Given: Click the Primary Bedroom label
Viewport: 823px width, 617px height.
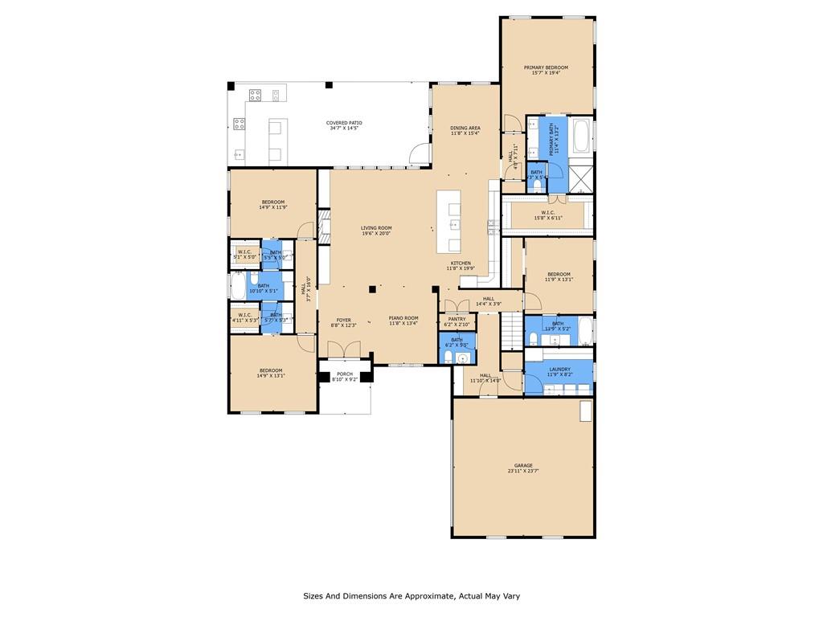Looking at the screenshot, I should coord(546,67).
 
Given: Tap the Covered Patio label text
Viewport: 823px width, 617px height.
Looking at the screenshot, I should coord(343,123).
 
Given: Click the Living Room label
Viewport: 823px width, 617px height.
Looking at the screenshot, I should coord(375,228).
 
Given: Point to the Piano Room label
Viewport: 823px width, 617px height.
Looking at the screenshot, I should coord(403,319).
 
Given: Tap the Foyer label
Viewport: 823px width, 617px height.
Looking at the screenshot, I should coord(343,320).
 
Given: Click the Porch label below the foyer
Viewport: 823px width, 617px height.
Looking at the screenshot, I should coord(344,374).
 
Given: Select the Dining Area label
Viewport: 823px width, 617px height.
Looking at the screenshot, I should coord(465,128).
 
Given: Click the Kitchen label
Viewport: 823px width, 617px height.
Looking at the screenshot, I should coord(461,264).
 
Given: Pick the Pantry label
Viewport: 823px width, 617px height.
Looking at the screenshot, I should coord(457,319).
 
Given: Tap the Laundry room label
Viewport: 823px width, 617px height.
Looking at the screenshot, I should coord(559,370).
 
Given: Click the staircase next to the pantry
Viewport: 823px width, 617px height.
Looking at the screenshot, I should coord(510,328).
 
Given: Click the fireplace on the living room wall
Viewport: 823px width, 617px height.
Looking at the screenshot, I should coord(323,229).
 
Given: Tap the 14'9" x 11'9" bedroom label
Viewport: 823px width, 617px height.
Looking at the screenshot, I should coord(272,202).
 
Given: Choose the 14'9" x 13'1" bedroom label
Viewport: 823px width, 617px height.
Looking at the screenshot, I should coord(270,370).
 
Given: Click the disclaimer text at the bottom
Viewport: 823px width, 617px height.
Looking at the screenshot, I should coord(411,596).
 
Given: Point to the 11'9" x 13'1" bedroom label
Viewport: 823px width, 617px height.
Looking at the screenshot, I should coord(559,274).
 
